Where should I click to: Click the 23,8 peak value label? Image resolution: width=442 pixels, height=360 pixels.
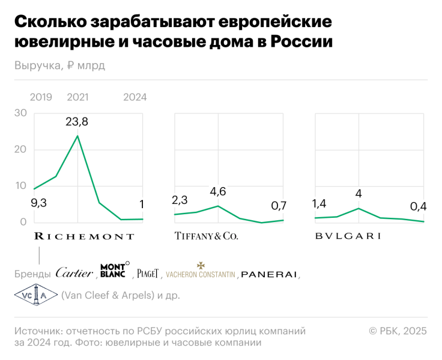pyautogui.click(x=77, y=122)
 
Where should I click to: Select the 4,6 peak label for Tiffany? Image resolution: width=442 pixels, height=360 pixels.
pyautogui.click(x=217, y=192)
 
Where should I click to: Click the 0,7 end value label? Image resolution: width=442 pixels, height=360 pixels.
pyautogui.click(x=279, y=206)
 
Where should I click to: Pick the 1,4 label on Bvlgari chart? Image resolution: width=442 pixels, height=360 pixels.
pyautogui.click(x=320, y=205)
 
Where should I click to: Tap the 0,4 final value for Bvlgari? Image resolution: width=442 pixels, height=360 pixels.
pyautogui.click(x=418, y=206)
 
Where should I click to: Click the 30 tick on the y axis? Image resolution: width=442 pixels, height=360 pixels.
pyautogui.click(x=20, y=113)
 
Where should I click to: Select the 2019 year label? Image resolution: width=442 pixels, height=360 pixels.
pyautogui.click(x=41, y=97)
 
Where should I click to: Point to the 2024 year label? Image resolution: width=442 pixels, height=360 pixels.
pyautogui.click(x=135, y=97)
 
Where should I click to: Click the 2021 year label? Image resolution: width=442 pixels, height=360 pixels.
pyautogui.click(x=77, y=97)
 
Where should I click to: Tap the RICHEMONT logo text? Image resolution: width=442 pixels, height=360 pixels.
pyautogui.click(x=83, y=236)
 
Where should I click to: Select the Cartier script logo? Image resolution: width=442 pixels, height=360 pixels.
pyautogui.click(x=74, y=273)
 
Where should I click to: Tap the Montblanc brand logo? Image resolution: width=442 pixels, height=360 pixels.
pyautogui.click(x=113, y=271)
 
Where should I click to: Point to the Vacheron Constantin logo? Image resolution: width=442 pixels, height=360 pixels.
pyautogui.click(x=201, y=272)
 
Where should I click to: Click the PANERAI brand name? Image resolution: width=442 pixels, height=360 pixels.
pyautogui.click(x=269, y=274)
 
